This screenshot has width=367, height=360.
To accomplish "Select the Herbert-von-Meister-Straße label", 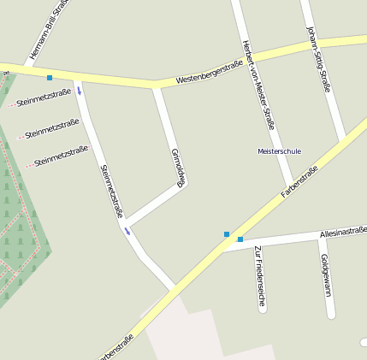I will [x=259, y=84].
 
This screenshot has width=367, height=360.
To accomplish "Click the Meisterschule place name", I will [x=279, y=151].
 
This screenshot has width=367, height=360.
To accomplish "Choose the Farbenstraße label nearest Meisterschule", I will [x=299, y=181].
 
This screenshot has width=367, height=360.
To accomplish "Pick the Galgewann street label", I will [x=325, y=274].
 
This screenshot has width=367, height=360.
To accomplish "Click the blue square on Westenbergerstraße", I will [x=50, y=78].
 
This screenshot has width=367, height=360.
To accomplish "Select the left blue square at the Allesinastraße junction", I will [x=227, y=233].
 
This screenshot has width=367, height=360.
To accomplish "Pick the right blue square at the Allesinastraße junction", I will [x=240, y=239].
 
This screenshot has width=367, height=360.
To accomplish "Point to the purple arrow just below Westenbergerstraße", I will [x=80, y=91].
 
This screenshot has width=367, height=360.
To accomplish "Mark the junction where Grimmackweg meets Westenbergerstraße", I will [x=156, y=84].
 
